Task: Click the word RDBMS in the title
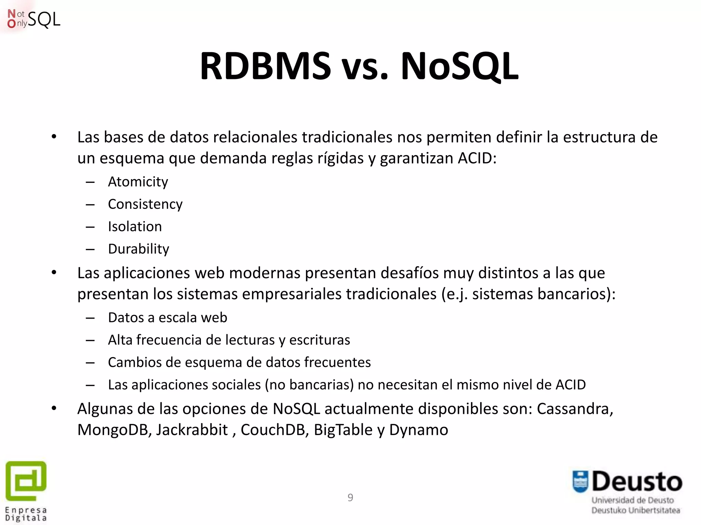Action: [x=265, y=66]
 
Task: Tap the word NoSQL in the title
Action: [x=459, y=66]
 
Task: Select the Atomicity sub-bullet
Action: [x=138, y=182]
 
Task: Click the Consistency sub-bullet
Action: [x=145, y=204]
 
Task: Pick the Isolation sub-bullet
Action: [x=135, y=227]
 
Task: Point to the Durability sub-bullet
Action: [x=139, y=249]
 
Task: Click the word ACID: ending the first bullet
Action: [x=477, y=158]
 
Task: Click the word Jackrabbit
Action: [x=192, y=430]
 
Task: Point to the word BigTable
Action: [x=343, y=430]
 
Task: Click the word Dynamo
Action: [x=418, y=430]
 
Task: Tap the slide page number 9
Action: [x=350, y=497]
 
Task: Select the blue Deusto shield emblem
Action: [x=580, y=482]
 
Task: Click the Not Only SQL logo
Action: [x=34, y=19]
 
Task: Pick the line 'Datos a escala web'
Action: [x=167, y=318]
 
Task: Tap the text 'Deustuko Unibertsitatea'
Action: [x=636, y=510]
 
